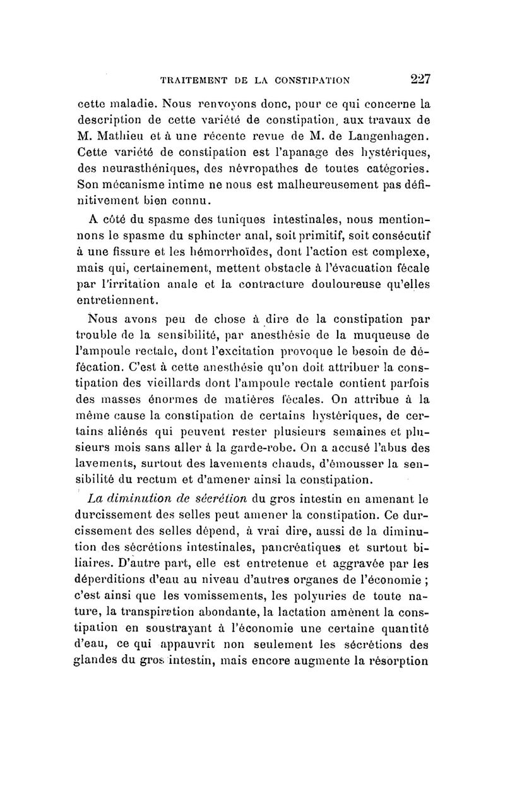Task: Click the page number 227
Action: tap(419, 80)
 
